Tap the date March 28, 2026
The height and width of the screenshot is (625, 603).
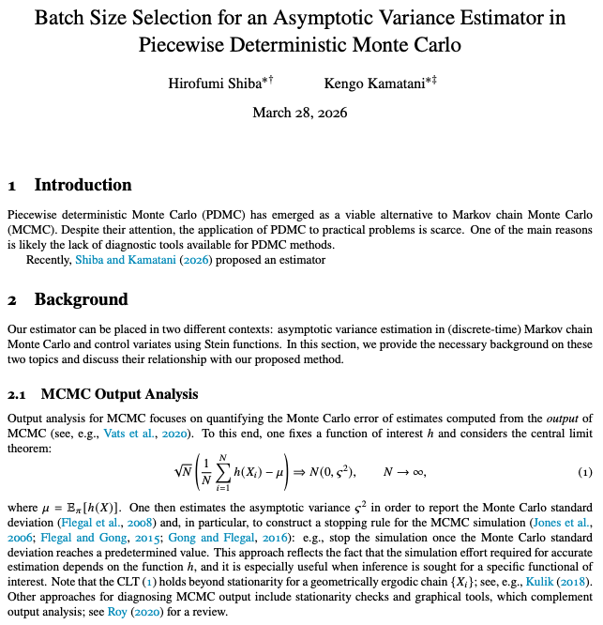300,113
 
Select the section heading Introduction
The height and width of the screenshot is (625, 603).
83,185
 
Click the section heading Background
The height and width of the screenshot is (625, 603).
81,300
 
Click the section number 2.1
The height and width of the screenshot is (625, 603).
19,394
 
